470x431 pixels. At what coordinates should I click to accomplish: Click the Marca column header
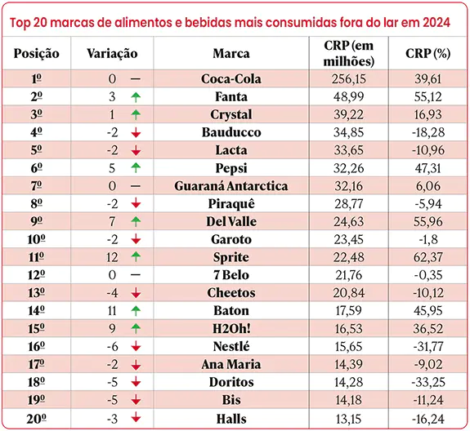click(231, 54)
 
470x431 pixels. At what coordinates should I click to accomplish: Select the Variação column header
click(112, 54)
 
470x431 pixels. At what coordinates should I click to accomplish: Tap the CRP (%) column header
click(427, 54)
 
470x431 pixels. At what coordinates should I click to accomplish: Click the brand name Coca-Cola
click(231, 79)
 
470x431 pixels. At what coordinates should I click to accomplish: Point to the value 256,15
click(348, 79)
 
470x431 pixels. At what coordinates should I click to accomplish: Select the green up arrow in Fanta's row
click(136, 97)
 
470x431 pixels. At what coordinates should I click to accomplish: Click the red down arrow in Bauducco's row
click(136, 132)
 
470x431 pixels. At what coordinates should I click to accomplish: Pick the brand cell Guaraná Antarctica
click(231, 186)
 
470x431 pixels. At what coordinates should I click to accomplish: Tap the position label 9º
click(36, 221)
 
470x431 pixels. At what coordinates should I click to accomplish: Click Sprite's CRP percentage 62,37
click(427, 257)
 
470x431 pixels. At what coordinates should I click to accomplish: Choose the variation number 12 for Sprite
click(112, 257)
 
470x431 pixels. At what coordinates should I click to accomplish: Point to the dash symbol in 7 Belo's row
click(136, 275)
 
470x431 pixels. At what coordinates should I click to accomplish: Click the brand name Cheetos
click(231, 293)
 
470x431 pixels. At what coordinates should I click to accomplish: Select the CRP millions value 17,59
click(348, 311)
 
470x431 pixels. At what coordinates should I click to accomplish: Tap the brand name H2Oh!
click(231, 329)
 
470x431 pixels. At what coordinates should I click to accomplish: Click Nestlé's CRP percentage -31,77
click(427, 347)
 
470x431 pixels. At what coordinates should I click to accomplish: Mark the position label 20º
click(36, 419)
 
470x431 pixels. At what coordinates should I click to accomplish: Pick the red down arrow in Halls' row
click(136, 417)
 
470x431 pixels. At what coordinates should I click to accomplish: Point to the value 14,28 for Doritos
click(348, 382)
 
